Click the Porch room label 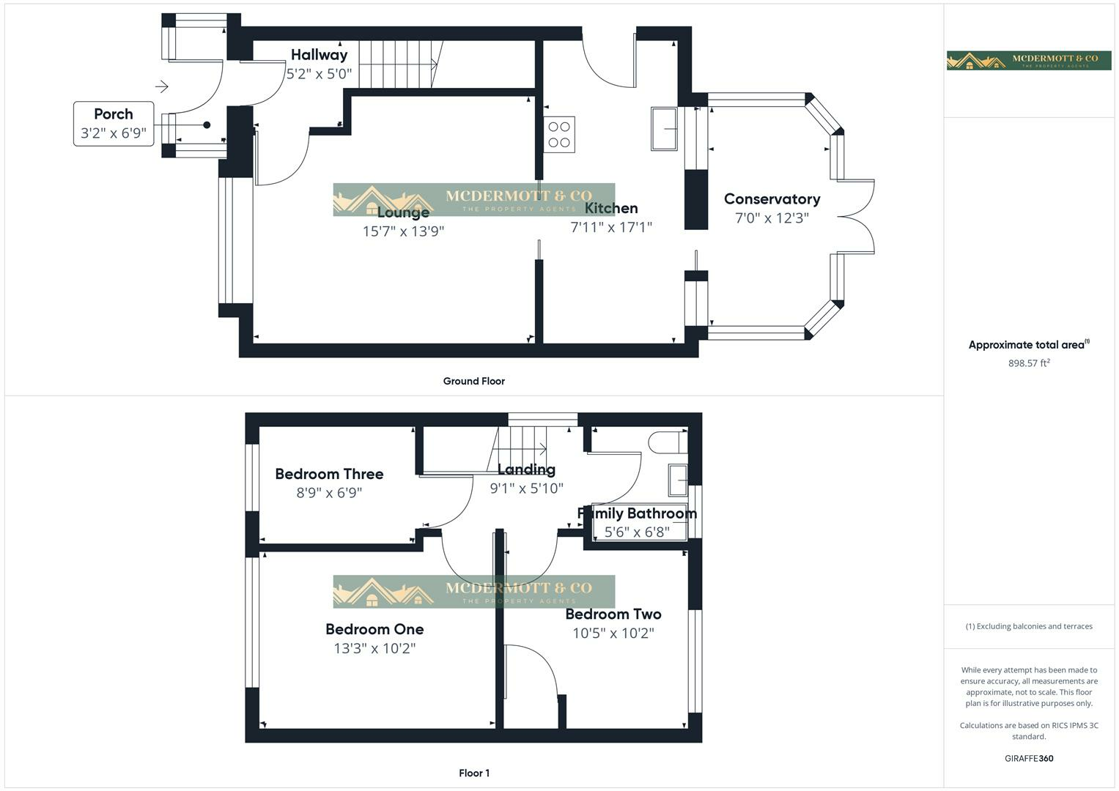pos(114,114)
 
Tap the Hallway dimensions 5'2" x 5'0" pos(319,74)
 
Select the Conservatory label pos(772,199)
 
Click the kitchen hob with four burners pos(559,135)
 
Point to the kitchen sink pos(665,130)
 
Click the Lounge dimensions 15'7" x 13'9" pos(403,231)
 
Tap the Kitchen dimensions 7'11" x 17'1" pos(611,227)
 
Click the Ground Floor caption pos(473,381)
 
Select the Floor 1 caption pos(473,773)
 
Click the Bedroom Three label pos(329,474)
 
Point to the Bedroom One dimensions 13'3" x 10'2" pos(374,648)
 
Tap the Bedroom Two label pos(613,614)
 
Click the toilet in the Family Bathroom pos(665,442)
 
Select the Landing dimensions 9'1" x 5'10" pos(526,489)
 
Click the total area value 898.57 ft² pos(1028,363)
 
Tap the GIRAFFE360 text pos(1028,759)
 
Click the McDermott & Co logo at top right pos(1028,60)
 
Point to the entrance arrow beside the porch pos(162,86)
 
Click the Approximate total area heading pos(1028,345)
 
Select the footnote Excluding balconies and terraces pos(1028,626)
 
